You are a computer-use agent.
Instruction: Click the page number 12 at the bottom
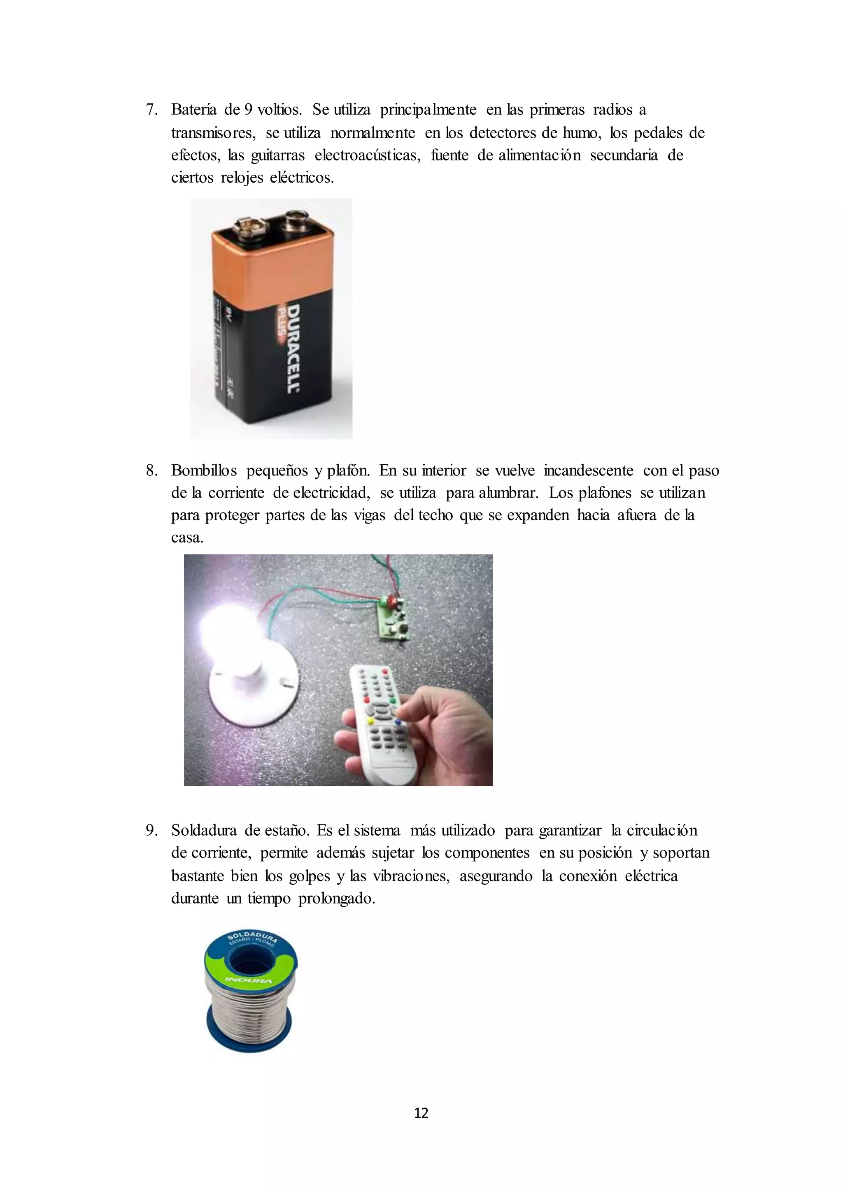(x=421, y=1113)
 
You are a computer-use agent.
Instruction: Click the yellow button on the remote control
(x=370, y=721)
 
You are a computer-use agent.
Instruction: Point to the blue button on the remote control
(x=398, y=722)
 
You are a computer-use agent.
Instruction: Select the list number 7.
(x=151, y=110)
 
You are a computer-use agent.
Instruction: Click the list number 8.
(x=151, y=470)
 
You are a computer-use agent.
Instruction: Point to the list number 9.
(x=151, y=830)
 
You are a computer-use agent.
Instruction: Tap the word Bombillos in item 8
(x=204, y=470)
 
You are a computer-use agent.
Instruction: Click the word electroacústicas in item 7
(x=367, y=155)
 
